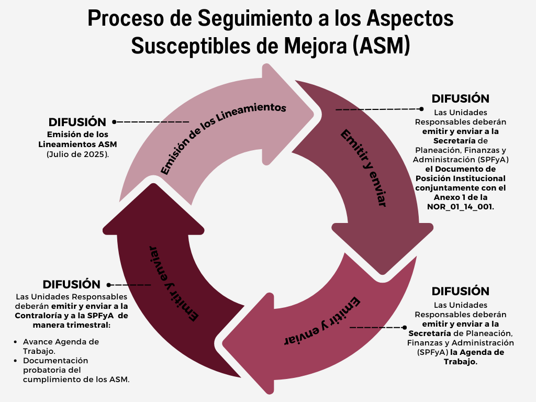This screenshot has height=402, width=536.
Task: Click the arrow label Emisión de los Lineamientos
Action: click(222, 138)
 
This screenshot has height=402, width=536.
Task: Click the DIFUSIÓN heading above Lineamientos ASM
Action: click(77, 122)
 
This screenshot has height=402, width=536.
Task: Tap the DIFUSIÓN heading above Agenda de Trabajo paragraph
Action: click(461, 291)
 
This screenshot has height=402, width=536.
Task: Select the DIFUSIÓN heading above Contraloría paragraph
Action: click(72, 284)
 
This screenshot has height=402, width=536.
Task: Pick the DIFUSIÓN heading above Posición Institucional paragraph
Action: click(461, 98)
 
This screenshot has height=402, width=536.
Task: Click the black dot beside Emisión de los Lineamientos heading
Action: click(114, 121)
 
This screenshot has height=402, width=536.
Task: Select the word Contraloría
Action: click(38, 316)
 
